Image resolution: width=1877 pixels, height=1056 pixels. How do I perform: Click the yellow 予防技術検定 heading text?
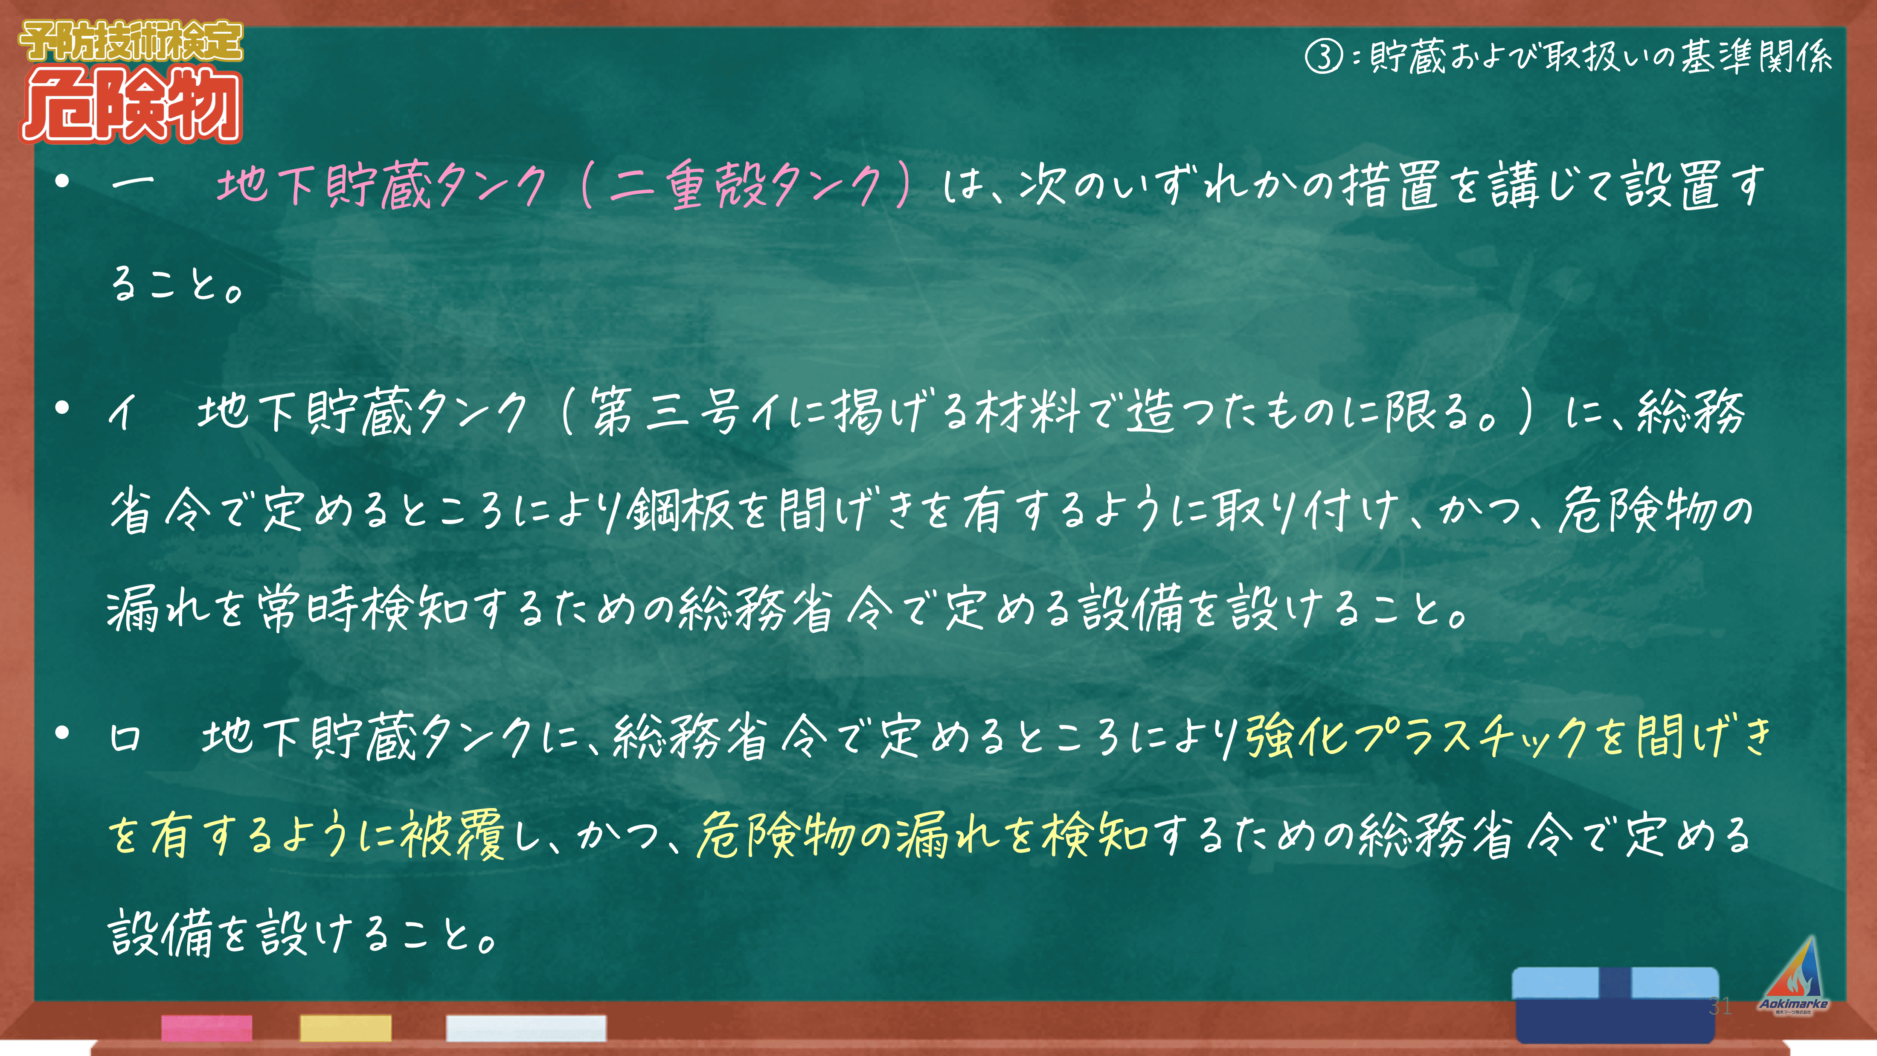click(x=131, y=41)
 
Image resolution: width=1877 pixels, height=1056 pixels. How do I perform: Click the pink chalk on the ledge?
click(x=207, y=1027)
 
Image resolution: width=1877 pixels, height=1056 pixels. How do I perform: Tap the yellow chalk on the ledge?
click(x=346, y=1027)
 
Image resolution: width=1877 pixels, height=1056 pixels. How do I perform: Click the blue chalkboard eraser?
click(x=1615, y=1004)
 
